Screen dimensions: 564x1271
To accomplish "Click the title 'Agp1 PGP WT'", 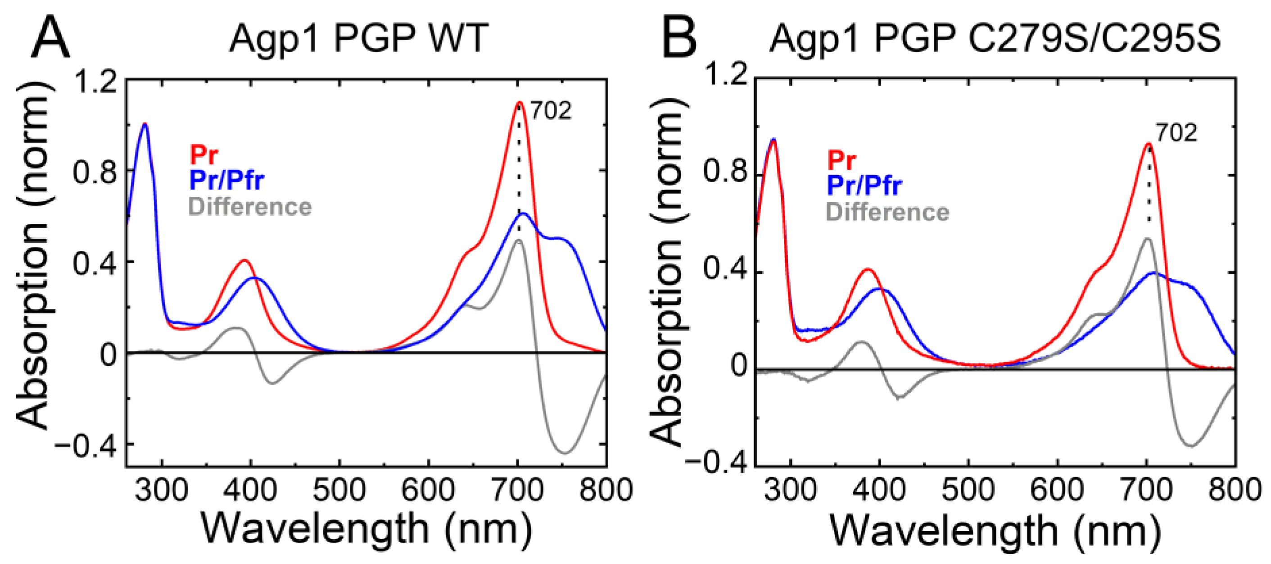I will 359,39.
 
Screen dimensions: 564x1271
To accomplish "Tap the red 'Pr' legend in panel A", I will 204,155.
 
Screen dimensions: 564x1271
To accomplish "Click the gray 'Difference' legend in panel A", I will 250,207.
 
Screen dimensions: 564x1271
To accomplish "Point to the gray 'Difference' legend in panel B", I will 887,212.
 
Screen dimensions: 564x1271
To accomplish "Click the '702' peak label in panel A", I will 551,111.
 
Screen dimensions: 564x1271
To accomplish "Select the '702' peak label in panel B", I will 1176,133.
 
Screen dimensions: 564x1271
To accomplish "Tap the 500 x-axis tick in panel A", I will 339,491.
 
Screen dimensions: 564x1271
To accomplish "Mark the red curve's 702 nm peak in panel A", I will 519,102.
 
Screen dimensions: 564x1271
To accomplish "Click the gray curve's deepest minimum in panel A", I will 566,453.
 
